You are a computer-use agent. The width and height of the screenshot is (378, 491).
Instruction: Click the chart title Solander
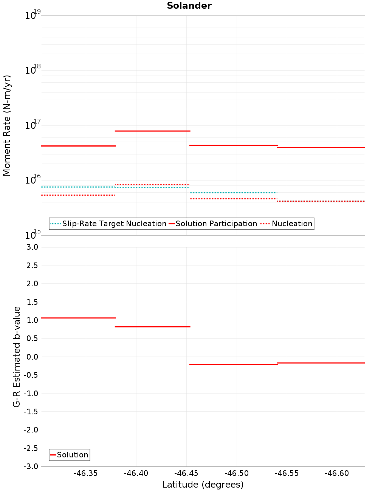(189, 6)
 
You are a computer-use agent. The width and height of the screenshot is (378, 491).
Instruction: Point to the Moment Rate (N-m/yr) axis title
(7, 125)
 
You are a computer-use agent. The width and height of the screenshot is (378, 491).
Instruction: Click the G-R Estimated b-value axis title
(17, 357)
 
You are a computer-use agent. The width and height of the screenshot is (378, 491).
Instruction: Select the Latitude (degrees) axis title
(203, 485)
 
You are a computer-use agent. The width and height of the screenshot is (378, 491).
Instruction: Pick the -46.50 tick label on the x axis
(237, 474)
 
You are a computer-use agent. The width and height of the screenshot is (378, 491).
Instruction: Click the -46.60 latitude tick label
(337, 474)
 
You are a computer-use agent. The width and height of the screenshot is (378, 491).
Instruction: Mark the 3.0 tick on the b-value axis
(32, 247)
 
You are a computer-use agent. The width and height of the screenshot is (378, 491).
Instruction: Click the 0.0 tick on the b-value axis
(32, 357)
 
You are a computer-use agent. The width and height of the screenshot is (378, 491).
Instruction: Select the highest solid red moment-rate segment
(152, 131)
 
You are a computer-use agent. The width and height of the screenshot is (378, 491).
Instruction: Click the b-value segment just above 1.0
(78, 318)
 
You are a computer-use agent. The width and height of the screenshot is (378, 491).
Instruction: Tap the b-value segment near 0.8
(152, 327)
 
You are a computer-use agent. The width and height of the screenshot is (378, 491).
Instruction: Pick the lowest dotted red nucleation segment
(321, 201)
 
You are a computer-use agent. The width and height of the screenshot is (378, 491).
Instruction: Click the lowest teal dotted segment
(233, 193)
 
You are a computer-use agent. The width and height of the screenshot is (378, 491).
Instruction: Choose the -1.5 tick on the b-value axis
(31, 412)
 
